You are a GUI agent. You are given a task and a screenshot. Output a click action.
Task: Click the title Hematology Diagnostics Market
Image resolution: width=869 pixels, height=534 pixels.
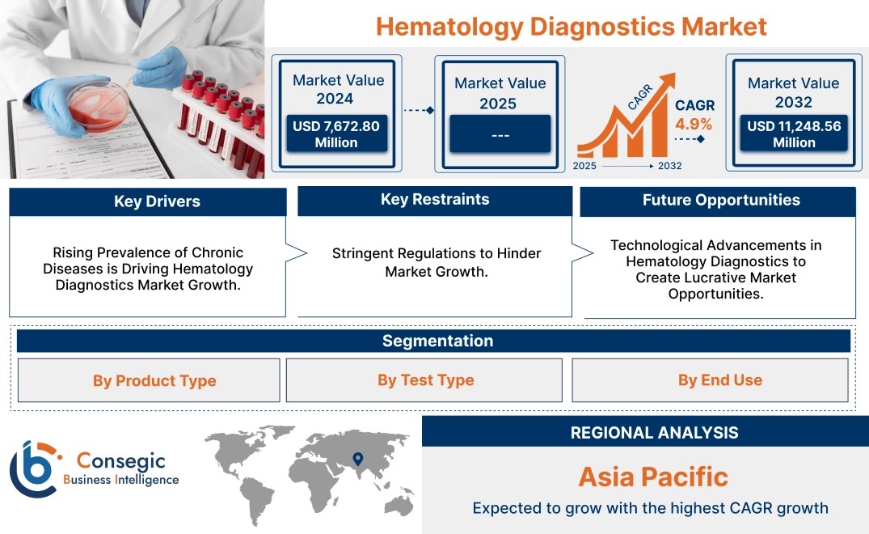(572, 27)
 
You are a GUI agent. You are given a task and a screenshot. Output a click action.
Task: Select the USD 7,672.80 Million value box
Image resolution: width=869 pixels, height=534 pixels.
(336, 133)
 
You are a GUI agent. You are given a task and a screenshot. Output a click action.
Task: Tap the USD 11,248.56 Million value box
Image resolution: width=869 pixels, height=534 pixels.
(794, 133)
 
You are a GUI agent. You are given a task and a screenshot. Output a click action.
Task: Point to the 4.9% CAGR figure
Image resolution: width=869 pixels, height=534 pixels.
(694, 124)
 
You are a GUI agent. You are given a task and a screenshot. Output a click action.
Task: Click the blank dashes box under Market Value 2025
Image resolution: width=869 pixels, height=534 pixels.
(500, 133)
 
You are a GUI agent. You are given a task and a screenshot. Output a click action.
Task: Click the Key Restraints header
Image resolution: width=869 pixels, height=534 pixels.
(435, 200)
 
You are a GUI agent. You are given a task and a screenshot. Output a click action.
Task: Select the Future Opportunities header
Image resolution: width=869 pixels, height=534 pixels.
(719, 201)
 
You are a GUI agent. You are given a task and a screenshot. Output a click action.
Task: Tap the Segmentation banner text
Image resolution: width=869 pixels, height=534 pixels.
(438, 341)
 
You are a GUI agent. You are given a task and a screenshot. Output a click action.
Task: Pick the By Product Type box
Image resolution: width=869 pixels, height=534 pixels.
(149, 380)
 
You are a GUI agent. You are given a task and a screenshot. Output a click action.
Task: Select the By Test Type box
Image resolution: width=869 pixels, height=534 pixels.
(424, 379)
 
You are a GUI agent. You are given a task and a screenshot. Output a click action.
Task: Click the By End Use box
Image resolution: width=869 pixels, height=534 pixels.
(710, 379)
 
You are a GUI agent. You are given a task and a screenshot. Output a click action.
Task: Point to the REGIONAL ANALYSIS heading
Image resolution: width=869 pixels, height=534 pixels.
(655, 433)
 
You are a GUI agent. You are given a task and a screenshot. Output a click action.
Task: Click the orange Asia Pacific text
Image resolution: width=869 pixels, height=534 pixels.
(653, 477)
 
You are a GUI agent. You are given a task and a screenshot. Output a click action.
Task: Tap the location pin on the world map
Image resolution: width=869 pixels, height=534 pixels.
(358, 459)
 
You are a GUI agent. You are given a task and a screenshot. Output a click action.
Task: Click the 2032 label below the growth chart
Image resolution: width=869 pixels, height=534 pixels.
(669, 166)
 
